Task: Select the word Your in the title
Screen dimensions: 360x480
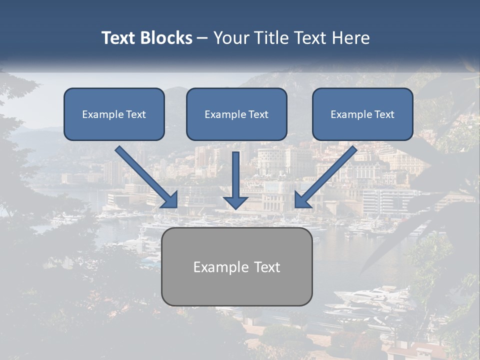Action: point(231,38)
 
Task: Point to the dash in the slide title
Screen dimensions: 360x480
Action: point(202,38)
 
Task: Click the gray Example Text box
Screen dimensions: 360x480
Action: point(236,287)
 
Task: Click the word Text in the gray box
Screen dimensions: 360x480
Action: point(266,267)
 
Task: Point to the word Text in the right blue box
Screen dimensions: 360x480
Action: point(384,114)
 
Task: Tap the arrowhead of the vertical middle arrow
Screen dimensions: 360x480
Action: point(235,201)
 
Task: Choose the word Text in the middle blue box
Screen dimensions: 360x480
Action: point(258,114)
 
